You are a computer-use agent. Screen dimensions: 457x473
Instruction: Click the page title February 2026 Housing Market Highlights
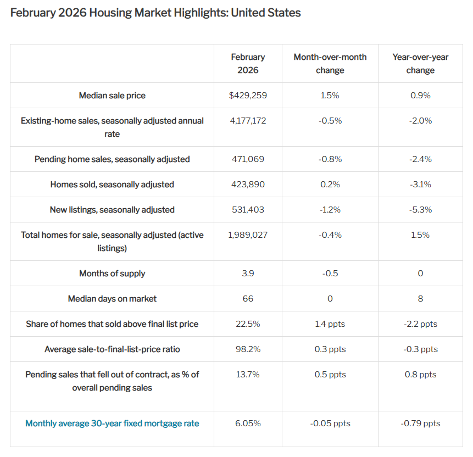[155, 13]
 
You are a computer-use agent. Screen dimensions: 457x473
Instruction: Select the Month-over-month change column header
[330, 64]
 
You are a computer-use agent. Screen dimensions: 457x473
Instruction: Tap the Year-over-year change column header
[420, 64]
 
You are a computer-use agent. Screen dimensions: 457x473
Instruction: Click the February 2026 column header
[248, 64]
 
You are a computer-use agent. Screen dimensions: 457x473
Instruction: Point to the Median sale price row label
[112, 96]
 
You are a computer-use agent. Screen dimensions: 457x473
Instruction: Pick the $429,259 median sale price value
[248, 96]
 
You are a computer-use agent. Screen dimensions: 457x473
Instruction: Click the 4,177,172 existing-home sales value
[248, 121]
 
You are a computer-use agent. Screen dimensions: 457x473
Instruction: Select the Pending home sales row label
[112, 159]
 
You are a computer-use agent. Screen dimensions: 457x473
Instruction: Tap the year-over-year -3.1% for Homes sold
[420, 185]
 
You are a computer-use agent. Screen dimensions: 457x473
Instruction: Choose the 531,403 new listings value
[248, 210]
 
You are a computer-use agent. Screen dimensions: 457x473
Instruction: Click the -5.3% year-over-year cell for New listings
[420, 210]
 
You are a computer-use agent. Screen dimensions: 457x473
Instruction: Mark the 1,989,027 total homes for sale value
[248, 235]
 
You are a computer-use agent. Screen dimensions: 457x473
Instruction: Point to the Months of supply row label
[112, 274]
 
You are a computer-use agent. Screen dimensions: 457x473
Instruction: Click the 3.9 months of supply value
[248, 274]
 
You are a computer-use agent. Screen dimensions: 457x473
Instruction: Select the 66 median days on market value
[248, 299]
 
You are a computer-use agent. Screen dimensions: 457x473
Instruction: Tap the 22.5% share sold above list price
[248, 324]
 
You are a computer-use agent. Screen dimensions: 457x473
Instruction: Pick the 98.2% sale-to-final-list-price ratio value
[248, 349]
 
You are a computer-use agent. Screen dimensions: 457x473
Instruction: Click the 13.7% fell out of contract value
[248, 375]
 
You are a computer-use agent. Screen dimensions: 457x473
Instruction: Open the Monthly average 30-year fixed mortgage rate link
[112, 423]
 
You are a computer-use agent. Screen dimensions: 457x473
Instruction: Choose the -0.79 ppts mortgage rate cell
[420, 423]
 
